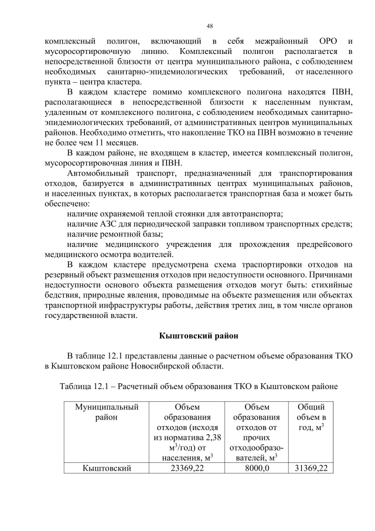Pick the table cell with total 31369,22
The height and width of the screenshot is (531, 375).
coord(311,468)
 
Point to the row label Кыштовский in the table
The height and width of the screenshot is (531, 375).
coord(107,468)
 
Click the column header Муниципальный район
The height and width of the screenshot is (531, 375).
coord(107,412)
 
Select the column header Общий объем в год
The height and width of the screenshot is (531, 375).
coord(311,417)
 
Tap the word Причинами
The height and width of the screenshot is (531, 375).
coord(330,275)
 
